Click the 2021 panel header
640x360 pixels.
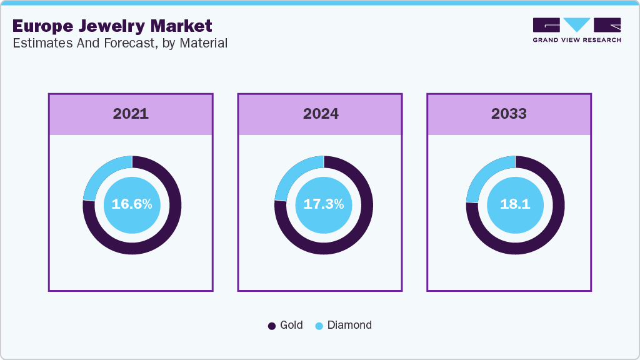click(x=131, y=114)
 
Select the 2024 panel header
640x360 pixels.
click(x=321, y=114)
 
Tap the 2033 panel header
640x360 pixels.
click(x=509, y=114)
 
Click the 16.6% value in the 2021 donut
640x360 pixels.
click(x=132, y=204)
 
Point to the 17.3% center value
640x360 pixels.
click(x=323, y=204)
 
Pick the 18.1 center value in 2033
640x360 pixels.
click(x=515, y=204)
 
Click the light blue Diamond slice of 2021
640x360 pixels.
click(x=99, y=176)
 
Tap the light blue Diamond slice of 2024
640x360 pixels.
click(x=291, y=176)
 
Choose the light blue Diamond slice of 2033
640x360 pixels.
click(x=482, y=176)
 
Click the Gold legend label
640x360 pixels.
click(x=291, y=325)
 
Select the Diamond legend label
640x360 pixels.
click(x=349, y=325)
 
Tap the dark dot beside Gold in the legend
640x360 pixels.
click(x=272, y=326)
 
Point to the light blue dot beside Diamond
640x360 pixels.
click(x=319, y=326)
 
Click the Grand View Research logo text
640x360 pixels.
click(x=577, y=40)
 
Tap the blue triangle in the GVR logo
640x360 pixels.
click(x=577, y=24)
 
